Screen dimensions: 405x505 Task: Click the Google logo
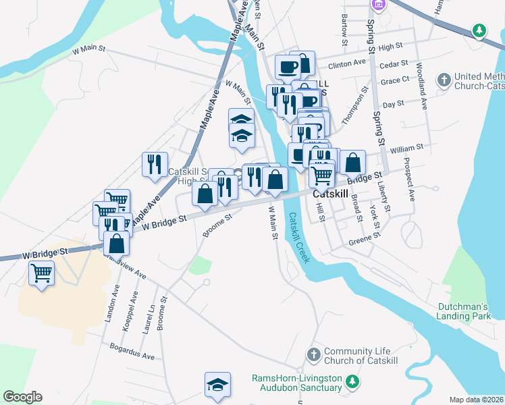pos(22,397)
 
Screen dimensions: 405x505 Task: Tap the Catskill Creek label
pos(298,238)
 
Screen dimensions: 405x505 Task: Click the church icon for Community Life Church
pos(313,354)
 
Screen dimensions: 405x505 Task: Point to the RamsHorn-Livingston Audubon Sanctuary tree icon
pos(351,383)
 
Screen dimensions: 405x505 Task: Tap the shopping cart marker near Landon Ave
pos(42,274)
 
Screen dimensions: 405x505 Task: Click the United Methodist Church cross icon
pos(444,80)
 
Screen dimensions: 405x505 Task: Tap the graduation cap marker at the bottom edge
pos(217,384)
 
